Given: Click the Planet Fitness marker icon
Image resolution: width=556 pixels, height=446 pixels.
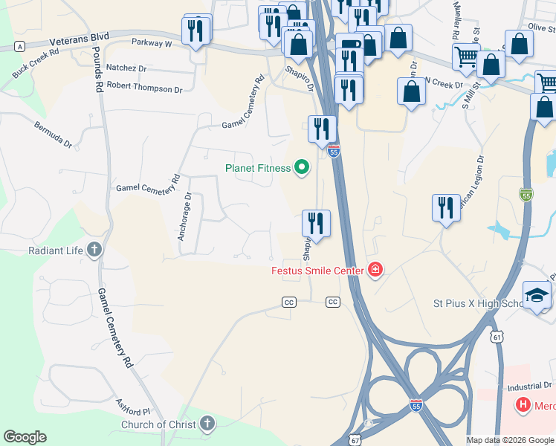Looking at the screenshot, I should (301, 168).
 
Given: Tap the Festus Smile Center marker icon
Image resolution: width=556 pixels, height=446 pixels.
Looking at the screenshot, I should (375, 271).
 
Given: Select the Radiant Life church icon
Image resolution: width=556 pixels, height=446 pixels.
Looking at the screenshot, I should (94, 250).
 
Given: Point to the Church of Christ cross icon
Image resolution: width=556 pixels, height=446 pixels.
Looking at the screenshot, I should (207, 424).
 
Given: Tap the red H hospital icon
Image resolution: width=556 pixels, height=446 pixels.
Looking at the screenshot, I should (524, 406).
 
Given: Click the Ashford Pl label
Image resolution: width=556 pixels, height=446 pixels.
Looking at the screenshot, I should (133, 407).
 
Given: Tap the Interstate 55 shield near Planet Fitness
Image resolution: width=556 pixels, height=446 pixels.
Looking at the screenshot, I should (334, 152).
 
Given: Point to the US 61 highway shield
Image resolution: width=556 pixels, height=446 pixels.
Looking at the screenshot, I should (496, 337).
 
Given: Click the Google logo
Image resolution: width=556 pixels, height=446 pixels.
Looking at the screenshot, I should (25, 437).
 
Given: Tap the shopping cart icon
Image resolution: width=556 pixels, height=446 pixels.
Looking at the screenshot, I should (466, 56).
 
